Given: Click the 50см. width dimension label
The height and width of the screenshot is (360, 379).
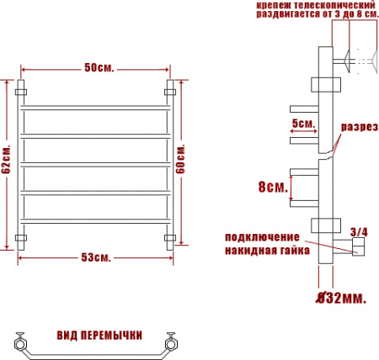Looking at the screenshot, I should (99, 66).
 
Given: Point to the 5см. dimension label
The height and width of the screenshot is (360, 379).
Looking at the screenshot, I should (303, 124).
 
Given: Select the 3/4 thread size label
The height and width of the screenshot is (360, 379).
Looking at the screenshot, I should (358, 230).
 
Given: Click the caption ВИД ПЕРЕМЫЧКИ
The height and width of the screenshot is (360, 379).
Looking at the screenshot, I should (99, 335).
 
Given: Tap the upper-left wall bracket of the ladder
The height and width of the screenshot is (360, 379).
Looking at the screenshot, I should (22, 87).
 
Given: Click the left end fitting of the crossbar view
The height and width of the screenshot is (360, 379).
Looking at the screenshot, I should (19, 343).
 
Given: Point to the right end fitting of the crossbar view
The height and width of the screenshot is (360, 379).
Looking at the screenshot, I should (174, 343).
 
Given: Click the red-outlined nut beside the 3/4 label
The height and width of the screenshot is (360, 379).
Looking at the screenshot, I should (357, 246).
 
